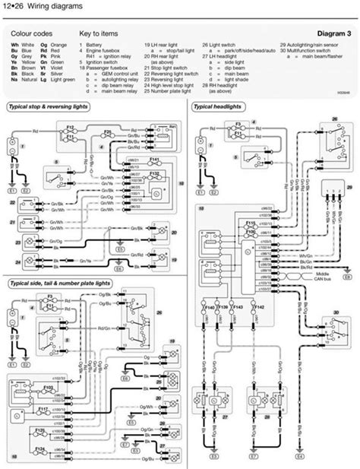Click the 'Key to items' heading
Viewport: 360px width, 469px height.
(x=99, y=35)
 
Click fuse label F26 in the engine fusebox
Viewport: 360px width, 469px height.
(x=106, y=132)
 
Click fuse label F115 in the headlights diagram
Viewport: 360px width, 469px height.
(x=251, y=221)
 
